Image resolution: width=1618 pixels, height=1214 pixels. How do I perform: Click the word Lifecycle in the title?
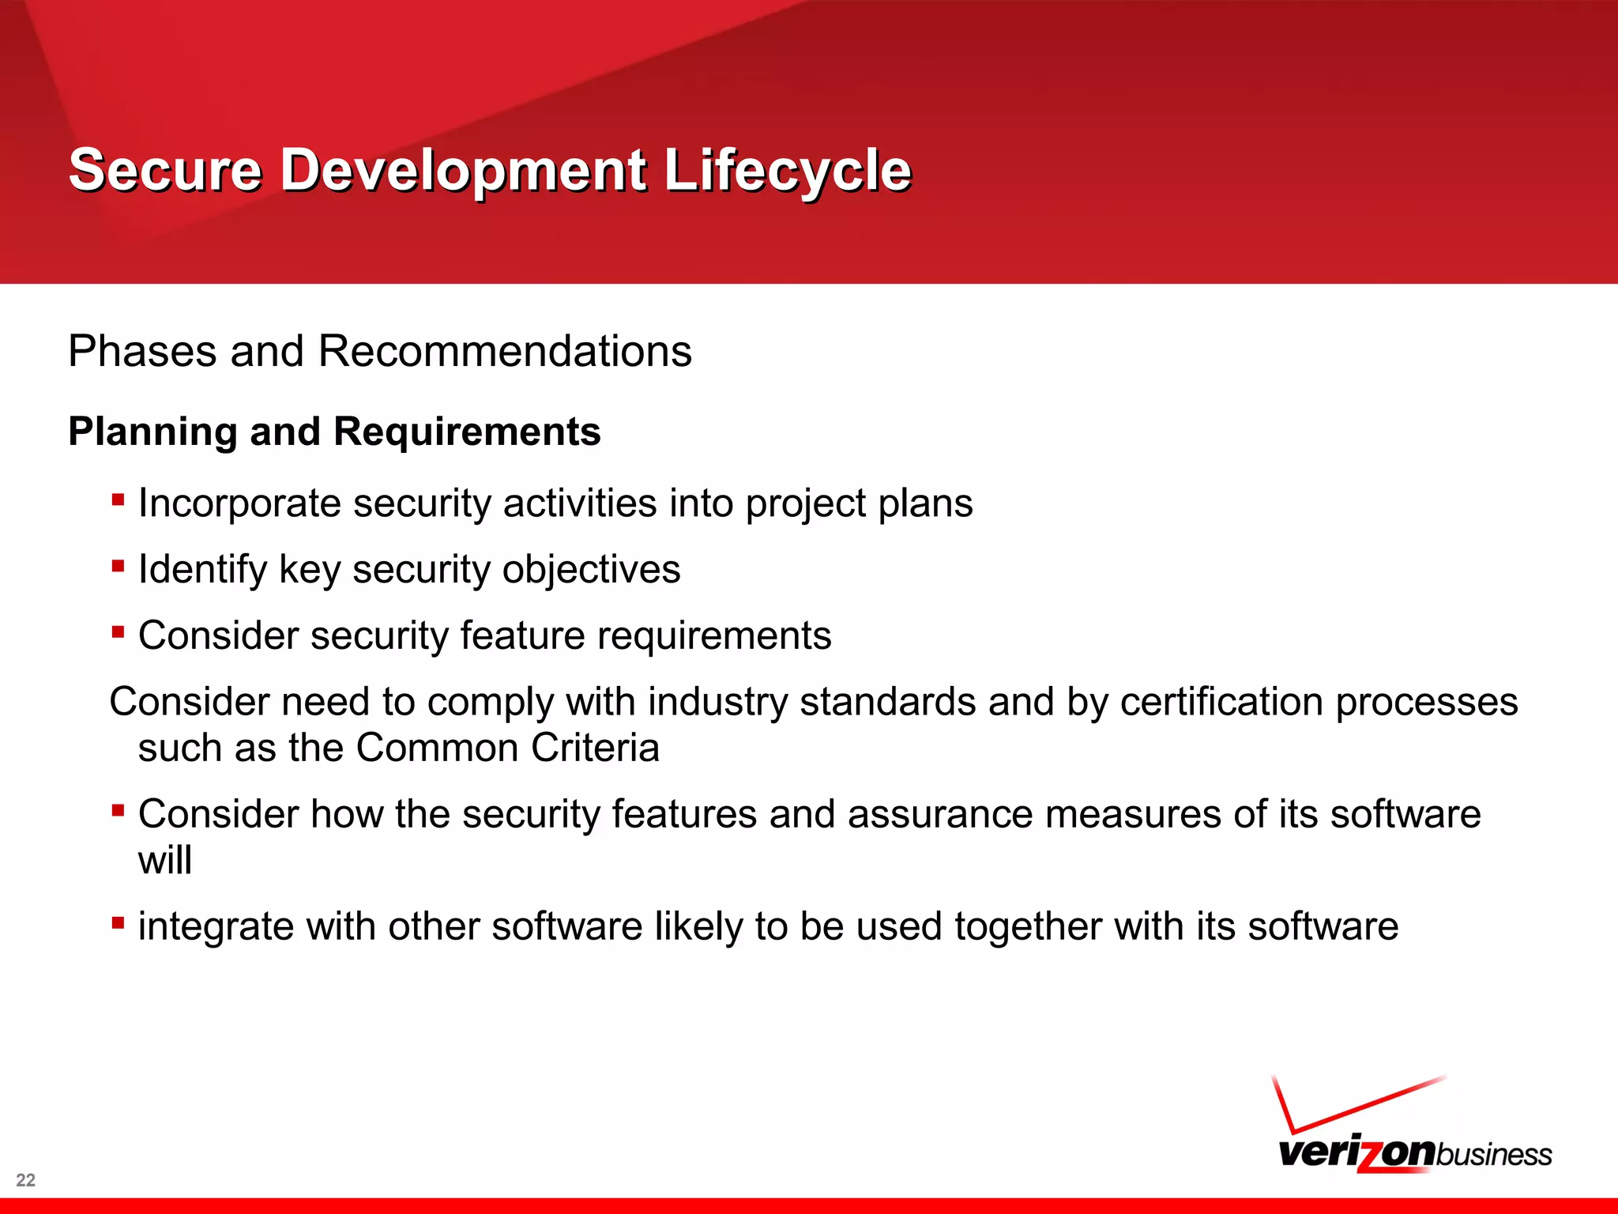coord(787,170)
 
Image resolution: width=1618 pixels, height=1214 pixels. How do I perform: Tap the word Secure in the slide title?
coord(165,170)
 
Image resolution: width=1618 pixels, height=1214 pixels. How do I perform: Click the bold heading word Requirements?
coord(467,432)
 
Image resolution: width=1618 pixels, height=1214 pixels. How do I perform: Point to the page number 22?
coord(25,1180)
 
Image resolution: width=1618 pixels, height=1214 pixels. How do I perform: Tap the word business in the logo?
coord(1493,1155)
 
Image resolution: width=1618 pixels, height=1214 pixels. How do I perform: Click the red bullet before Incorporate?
coord(118,500)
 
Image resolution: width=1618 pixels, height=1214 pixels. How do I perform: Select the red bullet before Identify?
coord(118,566)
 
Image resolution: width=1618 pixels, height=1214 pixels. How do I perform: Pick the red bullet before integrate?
coord(118,922)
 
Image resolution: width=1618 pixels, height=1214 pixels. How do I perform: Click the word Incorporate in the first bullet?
coord(239,503)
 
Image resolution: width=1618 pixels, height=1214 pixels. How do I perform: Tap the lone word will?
coord(164,860)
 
